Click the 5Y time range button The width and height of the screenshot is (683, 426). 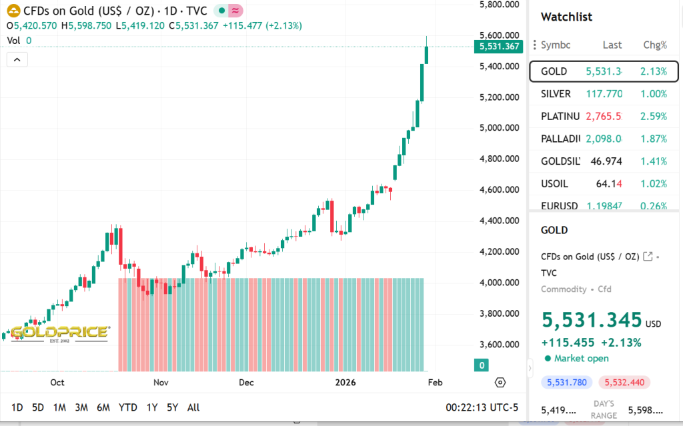[x=172, y=407]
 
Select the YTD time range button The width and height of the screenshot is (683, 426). [x=128, y=407]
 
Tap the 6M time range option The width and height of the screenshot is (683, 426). [x=103, y=407]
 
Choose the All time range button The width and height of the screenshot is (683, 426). [x=193, y=407]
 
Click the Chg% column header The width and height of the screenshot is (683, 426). [x=654, y=45]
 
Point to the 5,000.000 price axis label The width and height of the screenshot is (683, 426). [x=500, y=128]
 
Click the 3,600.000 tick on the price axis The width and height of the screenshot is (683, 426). [x=500, y=345]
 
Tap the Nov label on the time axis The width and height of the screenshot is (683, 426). [x=161, y=383]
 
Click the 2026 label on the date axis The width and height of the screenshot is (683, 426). [x=346, y=383]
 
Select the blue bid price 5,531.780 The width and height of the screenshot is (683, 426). [x=566, y=382]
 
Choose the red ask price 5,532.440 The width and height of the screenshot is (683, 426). [x=624, y=382]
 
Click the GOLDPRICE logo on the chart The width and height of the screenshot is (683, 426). [x=59, y=333]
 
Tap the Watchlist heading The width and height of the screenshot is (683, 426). [x=566, y=17]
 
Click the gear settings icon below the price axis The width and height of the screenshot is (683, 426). [x=500, y=382]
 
